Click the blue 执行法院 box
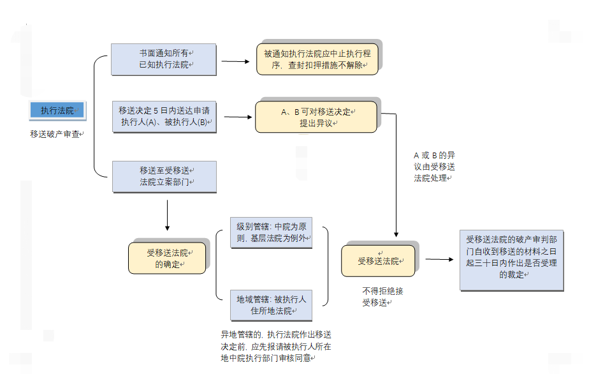pyautogui.click(x=58, y=110)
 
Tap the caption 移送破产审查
pyautogui.click(x=57, y=134)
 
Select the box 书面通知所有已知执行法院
pyautogui.click(x=164, y=59)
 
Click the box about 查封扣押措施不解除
pyautogui.click(x=317, y=59)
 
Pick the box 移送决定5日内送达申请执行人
pyautogui.click(x=164, y=117)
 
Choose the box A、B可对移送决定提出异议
pyautogui.click(x=316, y=117)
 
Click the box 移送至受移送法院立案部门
pyautogui.click(x=164, y=177)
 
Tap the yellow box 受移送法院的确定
pyautogui.click(x=167, y=258)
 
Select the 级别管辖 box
pyautogui.click(x=272, y=233)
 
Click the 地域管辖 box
pyautogui.click(x=272, y=306)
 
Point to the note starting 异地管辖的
pyautogui.click(x=276, y=346)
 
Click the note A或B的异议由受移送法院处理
pyautogui.click(x=434, y=167)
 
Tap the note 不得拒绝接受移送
pyautogui.click(x=382, y=297)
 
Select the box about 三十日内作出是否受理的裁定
pyautogui.click(x=512, y=260)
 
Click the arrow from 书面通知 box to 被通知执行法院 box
pyautogui.click(x=236, y=61)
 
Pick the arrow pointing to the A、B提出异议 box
pyautogui.click(x=238, y=117)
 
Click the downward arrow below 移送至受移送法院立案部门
pyautogui.click(x=167, y=215)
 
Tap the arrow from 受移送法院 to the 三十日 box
pyautogui.click(x=440, y=260)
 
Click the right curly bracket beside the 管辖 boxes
pyautogui.click(x=325, y=266)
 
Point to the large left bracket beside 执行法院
pyautogui.click(x=94, y=116)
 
